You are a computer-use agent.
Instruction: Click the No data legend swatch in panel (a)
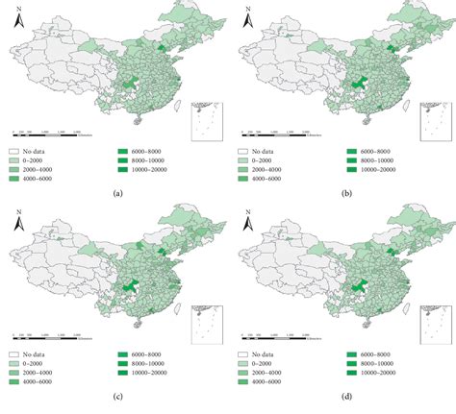tap(16, 151)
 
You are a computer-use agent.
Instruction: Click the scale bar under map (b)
tap(275, 137)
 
